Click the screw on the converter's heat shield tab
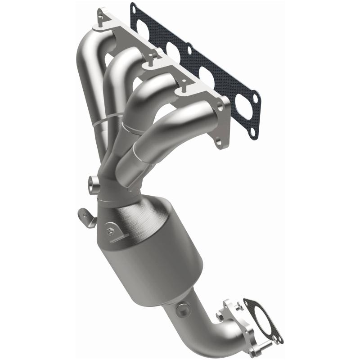(x=110, y=231)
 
